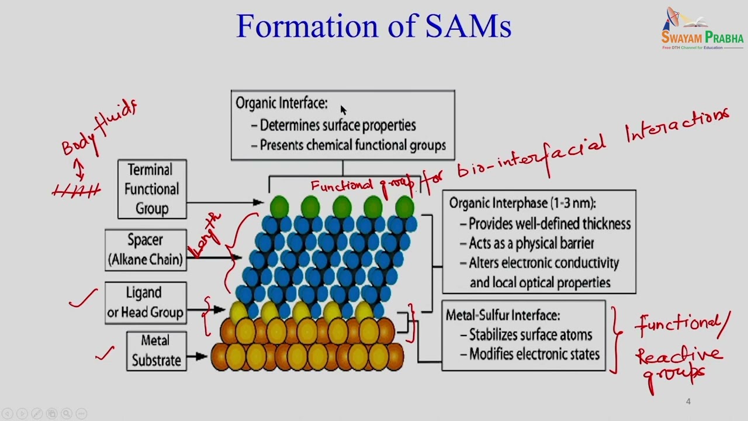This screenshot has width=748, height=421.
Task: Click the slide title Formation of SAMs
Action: point(374,26)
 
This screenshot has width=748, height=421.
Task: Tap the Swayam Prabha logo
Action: point(701,29)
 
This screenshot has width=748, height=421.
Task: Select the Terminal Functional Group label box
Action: point(152,189)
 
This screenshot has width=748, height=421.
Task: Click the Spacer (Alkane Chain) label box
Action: point(146,250)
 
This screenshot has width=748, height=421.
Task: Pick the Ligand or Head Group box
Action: point(145,302)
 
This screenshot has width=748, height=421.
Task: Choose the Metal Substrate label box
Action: point(156,351)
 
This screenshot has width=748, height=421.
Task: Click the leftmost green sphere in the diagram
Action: point(280,206)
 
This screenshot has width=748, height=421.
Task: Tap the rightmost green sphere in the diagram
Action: point(404,206)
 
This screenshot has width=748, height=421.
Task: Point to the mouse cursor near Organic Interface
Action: point(343,109)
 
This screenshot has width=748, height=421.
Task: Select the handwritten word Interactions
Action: point(678,126)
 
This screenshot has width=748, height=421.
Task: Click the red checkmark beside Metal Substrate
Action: point(105,353)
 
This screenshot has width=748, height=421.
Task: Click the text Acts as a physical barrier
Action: point(531,243)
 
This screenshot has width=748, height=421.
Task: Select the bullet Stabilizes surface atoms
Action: point(530,335)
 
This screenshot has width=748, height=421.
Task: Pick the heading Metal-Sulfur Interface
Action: point(503,315)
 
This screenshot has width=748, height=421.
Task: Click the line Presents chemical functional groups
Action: point(352,145)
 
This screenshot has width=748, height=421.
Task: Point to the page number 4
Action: point(688,401)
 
